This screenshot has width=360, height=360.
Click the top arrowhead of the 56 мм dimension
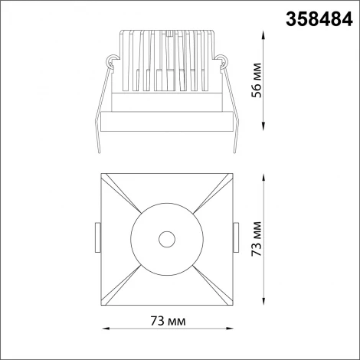pos(264,31)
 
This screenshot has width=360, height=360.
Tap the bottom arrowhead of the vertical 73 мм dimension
pos(264,303)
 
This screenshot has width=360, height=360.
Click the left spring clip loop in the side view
pos(113,58)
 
